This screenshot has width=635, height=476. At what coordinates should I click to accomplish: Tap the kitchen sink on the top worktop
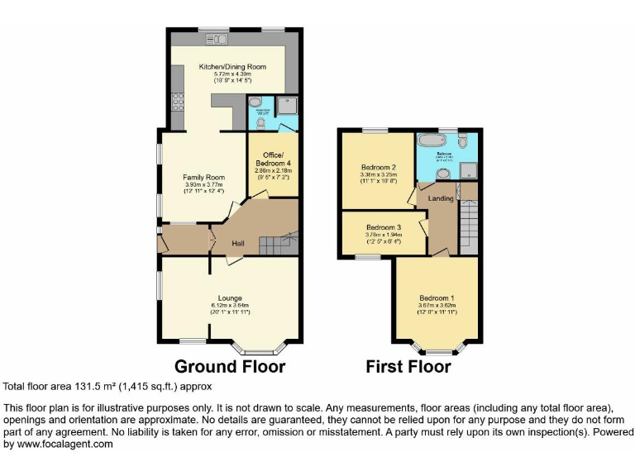[218, 39]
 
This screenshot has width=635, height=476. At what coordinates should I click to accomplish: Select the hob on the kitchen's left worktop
[177, 102]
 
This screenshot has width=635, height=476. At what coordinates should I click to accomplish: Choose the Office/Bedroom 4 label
[273, 160]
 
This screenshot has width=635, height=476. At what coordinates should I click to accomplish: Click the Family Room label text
[203, 177]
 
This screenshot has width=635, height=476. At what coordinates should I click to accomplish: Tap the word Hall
[237, 243]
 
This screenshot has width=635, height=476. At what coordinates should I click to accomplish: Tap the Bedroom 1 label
[437, 297]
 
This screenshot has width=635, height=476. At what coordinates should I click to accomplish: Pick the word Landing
[440, 198]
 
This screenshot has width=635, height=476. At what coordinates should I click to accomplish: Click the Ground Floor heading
[230, 366]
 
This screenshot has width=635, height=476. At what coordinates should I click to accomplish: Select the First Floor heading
[409, 366]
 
